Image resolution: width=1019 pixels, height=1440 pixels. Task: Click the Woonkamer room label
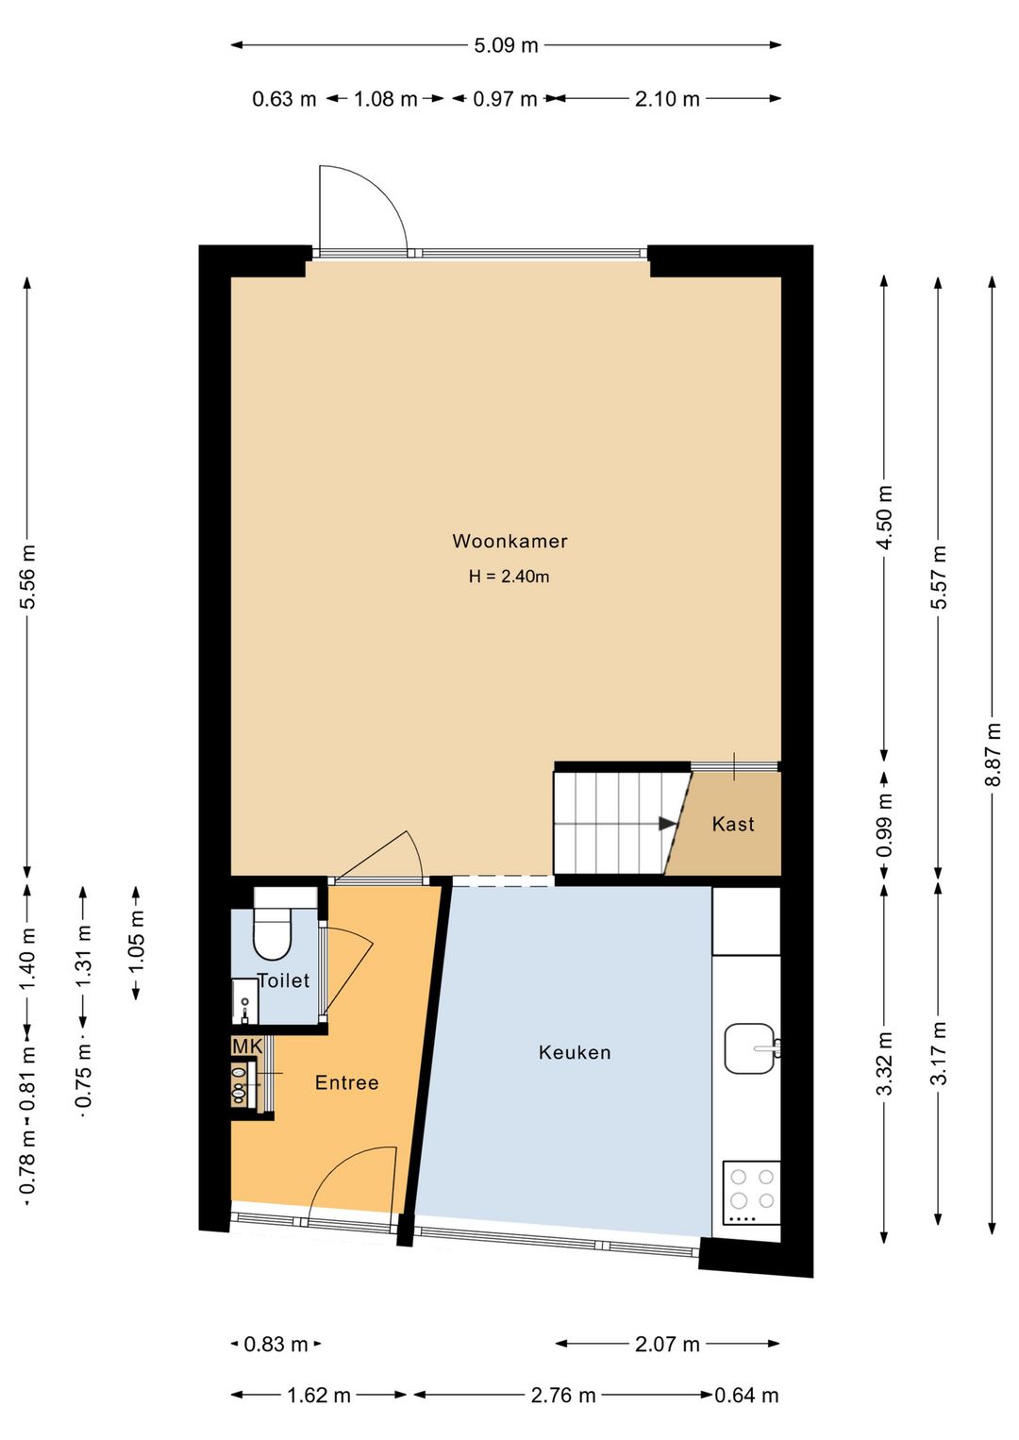[x=509, y=541]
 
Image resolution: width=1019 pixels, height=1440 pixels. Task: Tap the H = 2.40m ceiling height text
[x=509, y=576]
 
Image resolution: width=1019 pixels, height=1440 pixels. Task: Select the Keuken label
[x=575, y=1052]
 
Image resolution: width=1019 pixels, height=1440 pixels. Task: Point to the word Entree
[x=346, y=1082]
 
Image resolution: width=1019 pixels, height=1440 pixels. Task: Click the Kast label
[x=733, y=824]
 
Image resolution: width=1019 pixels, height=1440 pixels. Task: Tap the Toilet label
[x=283, y=980]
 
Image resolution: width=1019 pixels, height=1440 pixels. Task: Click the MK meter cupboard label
[x=247, y=1047]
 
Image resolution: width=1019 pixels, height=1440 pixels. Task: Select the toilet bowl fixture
[x=274, y=924]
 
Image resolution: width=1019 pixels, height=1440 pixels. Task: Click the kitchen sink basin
[x=749, y=1048]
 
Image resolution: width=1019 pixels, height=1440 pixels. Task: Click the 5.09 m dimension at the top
[x=506, y=45]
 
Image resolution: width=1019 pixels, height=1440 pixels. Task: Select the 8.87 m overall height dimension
[x=994, y=754]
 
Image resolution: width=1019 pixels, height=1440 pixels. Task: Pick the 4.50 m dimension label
[x=885, y=517]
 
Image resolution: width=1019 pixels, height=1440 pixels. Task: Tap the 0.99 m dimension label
[x=885, y=824]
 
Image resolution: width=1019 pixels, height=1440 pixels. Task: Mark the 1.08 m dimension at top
[x=386, y=99]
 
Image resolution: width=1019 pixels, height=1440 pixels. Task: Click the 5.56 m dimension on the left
[x=27, y=577]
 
